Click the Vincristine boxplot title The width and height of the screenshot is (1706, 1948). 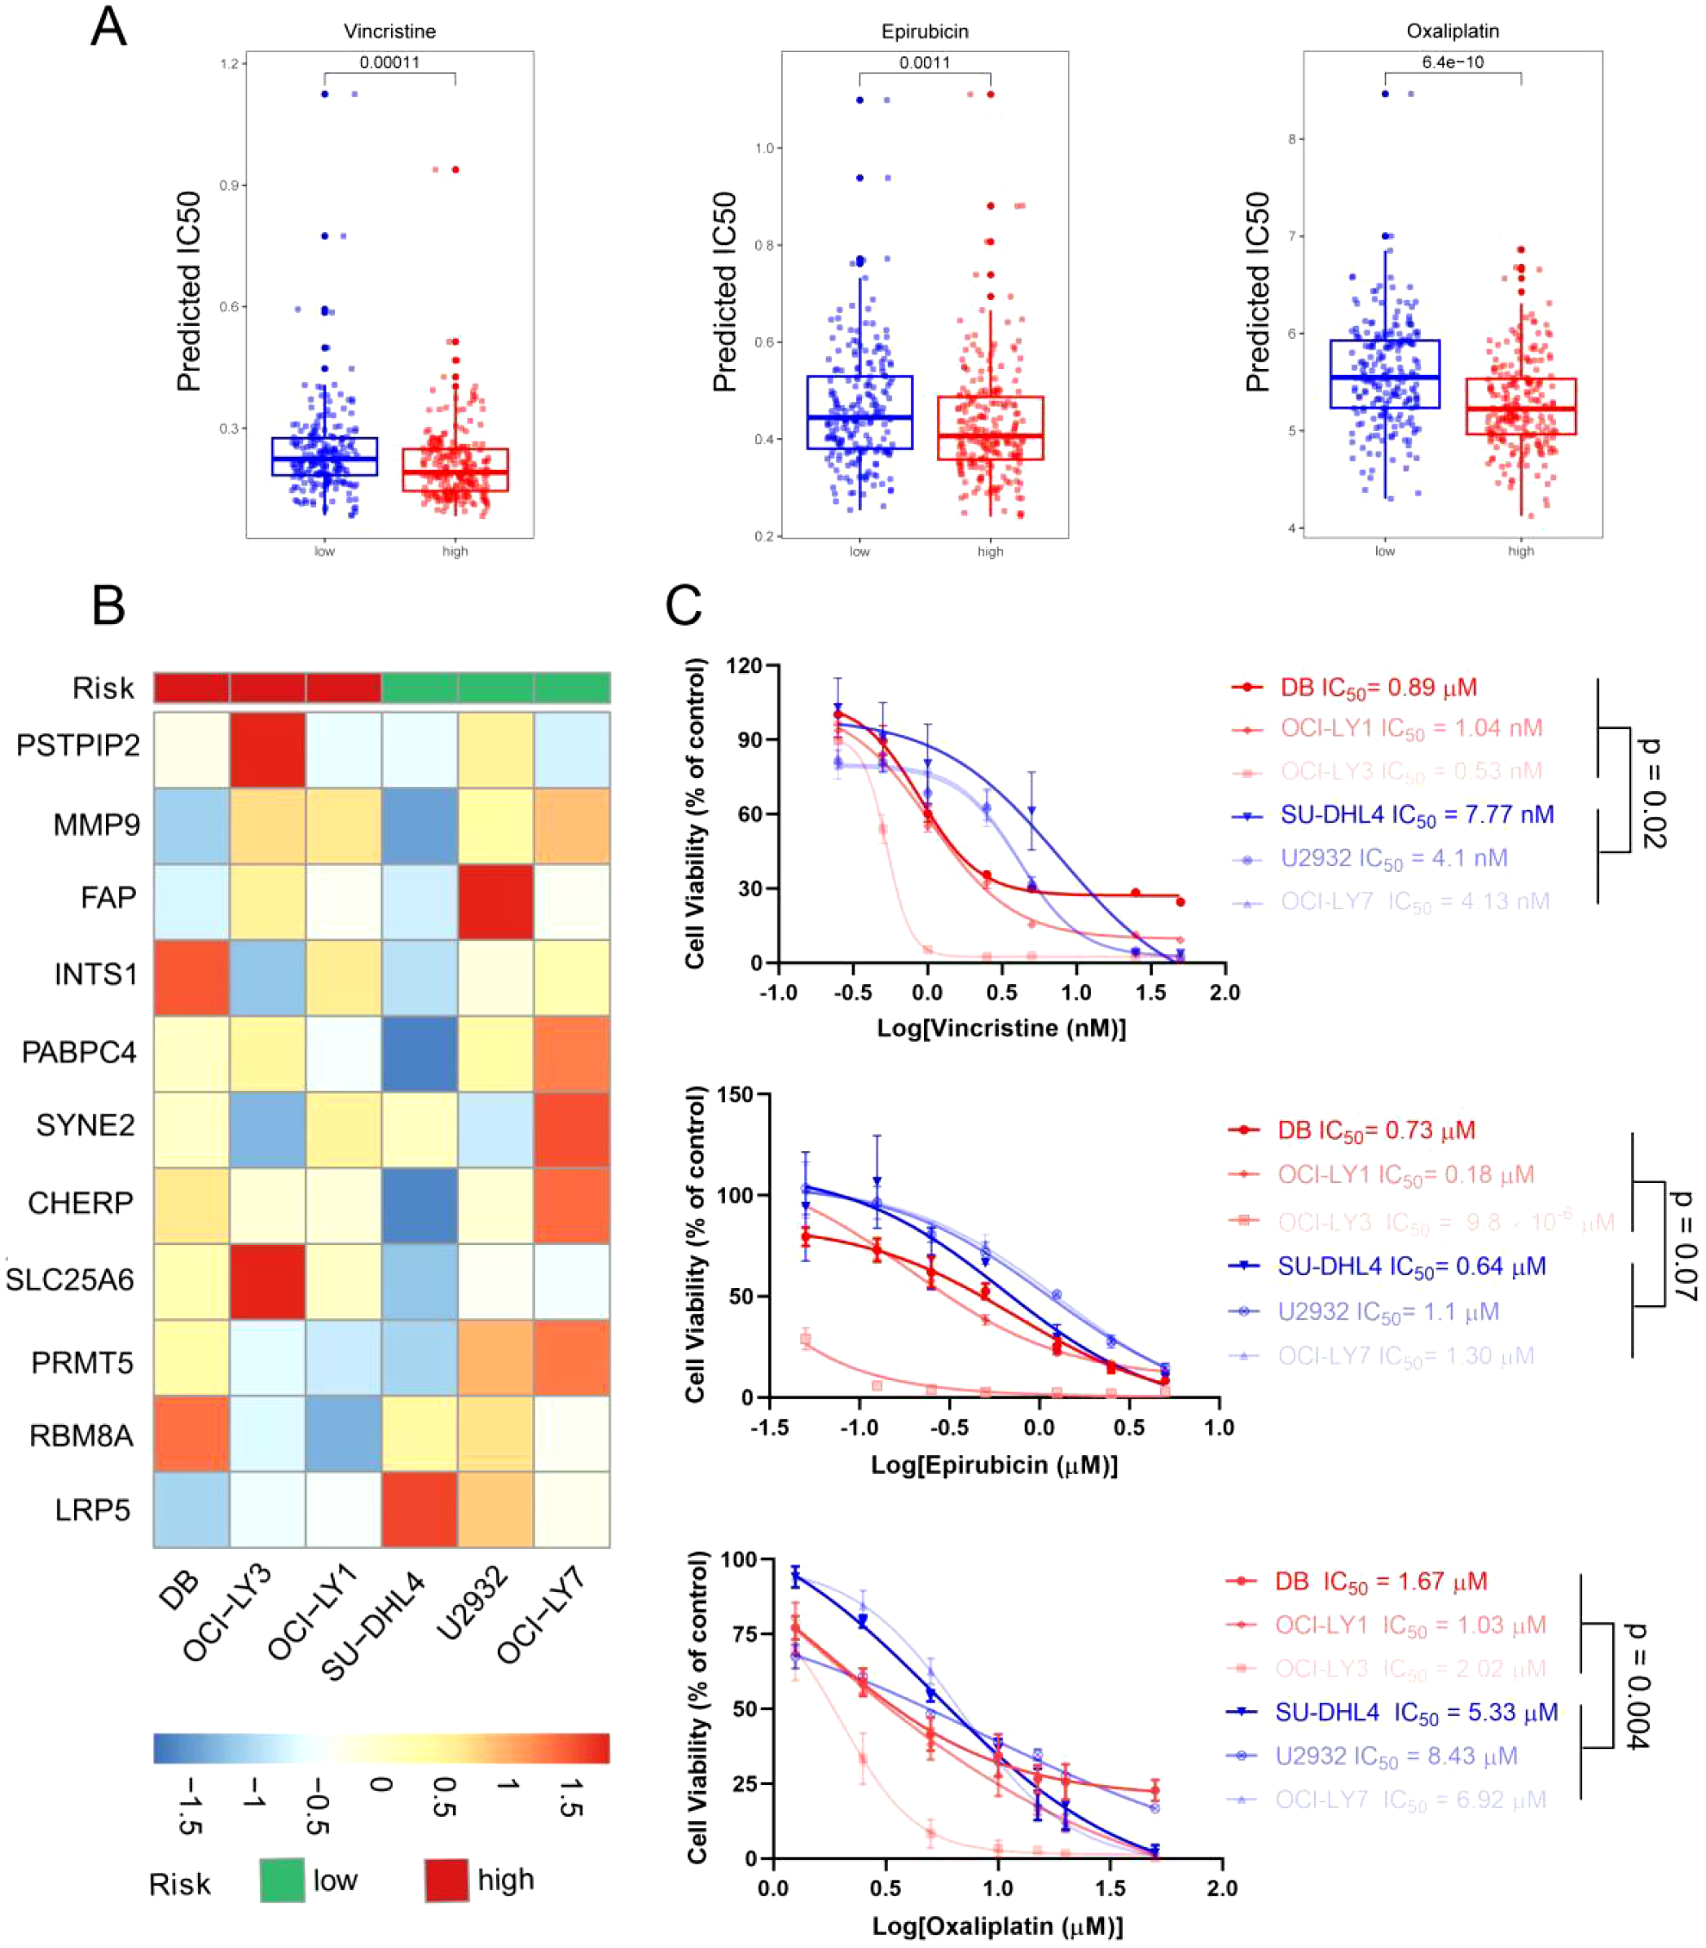pos(389,32)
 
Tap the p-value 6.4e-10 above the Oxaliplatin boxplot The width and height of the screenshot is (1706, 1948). pos(1452,62)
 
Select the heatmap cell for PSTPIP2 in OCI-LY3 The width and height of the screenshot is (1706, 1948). pos(267,750)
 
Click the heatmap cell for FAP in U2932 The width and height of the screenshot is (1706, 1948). pos(495,902)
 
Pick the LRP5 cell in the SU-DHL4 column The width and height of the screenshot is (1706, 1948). pos(419,1509)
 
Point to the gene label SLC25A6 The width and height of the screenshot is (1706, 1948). pos(70,1280)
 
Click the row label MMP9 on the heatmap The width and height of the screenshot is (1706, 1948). pos(96,824)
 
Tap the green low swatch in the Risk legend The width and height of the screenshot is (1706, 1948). pos(282,1880)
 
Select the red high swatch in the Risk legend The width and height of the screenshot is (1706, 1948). pos(446,1880)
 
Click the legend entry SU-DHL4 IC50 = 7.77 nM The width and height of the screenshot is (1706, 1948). pos(1416,815)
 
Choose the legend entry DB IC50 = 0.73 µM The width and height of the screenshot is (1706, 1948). pos(1376,1131)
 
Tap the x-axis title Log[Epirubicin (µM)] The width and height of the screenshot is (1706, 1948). pos(994,1464)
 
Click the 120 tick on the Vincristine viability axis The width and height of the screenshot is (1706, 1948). pos(745,666)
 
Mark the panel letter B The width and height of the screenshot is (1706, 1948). pos(108,605)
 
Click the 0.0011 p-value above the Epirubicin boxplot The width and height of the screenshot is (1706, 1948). pos(925,63)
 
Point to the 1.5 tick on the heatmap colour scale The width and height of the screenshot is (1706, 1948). pos(570,1796)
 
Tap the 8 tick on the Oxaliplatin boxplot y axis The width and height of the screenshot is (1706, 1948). pos(1292,139)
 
